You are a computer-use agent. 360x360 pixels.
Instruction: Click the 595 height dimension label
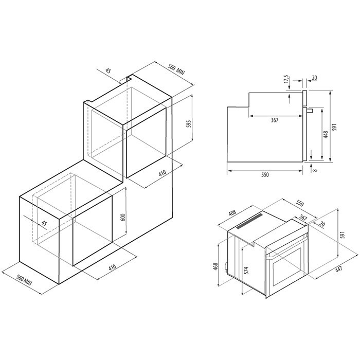[189, 124]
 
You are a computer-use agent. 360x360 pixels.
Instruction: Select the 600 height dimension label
[123, 217]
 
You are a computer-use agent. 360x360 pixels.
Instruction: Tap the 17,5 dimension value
[286, 79]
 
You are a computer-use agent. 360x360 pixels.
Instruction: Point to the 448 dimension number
[326, 134]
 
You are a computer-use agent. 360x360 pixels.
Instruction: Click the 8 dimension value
[315, 170]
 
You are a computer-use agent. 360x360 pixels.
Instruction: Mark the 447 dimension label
[338, 269]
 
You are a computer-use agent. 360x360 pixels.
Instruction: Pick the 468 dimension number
[215, 266]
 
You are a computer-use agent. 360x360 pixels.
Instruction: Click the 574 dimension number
[246, 270]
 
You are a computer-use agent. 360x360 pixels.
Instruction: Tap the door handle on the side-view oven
[310, 111]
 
